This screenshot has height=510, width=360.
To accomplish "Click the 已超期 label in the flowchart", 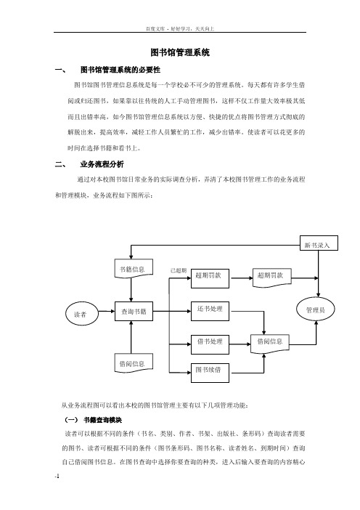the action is coord(179,270).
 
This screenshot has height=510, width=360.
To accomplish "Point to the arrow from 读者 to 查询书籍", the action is coord(106,311).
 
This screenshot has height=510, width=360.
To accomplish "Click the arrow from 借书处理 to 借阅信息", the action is coord(240,344).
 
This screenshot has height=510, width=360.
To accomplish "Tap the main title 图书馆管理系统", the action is coord(180,52).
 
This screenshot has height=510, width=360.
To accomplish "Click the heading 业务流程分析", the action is coord(102,164).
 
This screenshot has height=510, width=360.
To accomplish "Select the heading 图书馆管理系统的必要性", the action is coord(120,70).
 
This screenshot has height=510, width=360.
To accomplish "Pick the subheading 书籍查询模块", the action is coord(102,420).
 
